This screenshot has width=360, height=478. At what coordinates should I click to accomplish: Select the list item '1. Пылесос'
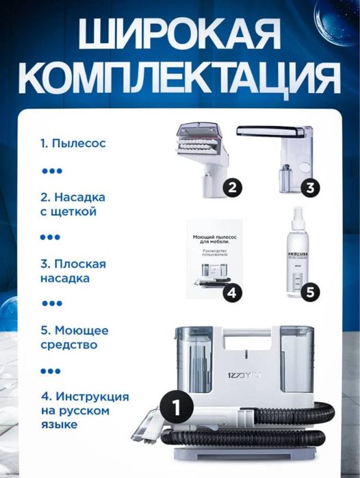point(72,144)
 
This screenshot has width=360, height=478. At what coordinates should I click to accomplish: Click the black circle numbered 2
point(232,187)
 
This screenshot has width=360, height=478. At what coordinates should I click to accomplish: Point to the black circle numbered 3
point(309,187)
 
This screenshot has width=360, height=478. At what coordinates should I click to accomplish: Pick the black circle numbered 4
point(232,292)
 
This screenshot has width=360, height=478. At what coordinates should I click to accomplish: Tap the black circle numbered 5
point(309,292)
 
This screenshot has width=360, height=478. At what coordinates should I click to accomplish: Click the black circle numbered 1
point(176,408)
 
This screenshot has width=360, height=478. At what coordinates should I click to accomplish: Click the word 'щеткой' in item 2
point(77,211)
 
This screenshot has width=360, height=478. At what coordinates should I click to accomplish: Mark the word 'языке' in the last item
point(57,425)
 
